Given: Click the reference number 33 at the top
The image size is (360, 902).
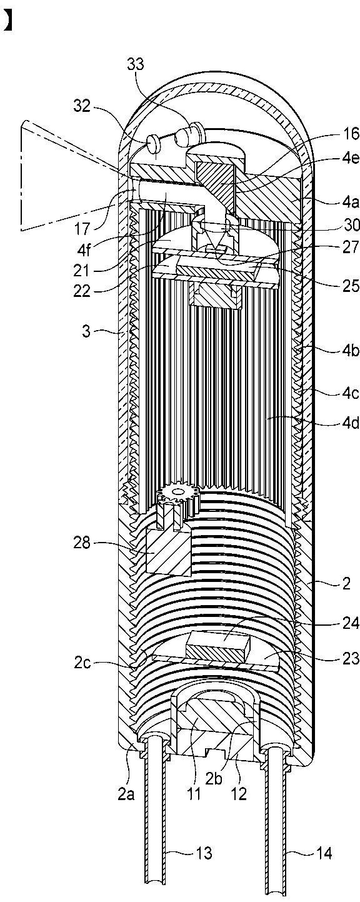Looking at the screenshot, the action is pyautogui.click(x=135, y=64).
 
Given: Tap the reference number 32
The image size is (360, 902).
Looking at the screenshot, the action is pyautogui.click(x=82, y=108).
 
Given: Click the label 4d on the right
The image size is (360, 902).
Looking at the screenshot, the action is pyautogui.click(x=351, y=424).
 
